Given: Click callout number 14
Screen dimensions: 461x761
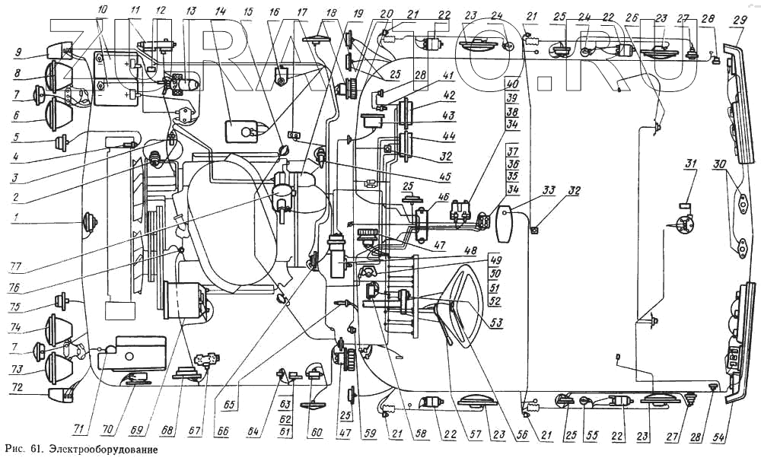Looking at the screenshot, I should click(x=220, y=11).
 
